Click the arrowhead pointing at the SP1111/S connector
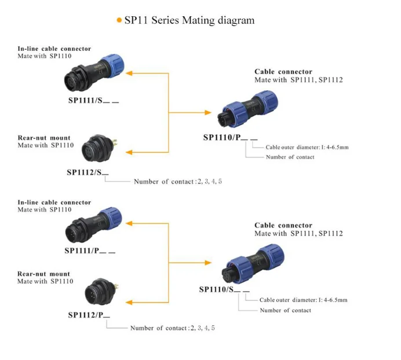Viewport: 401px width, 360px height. (130, 73)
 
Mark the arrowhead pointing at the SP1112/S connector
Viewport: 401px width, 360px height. (130, 152)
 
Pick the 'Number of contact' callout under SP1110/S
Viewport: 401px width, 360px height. (285, 311)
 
